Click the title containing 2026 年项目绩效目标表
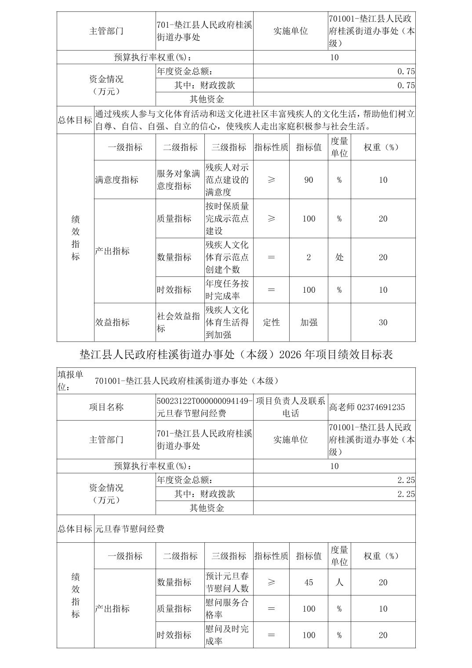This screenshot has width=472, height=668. pos(236,354)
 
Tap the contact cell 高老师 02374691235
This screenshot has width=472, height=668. pos(367,407)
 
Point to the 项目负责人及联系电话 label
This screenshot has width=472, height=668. pos(290,407)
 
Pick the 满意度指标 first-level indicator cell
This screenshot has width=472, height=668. pos(117,180)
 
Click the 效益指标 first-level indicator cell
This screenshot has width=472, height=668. pos(113,322)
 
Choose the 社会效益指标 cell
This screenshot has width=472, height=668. pos(179,322)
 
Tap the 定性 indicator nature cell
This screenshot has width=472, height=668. pos(271,322)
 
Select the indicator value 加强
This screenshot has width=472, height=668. pos(309,322)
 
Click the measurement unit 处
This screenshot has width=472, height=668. pos(339,258)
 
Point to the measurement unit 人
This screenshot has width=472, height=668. pos(339,582)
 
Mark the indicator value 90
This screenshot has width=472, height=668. pos(309,180)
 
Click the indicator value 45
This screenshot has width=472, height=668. pos(309,582)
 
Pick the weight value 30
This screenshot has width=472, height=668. pos(383,322)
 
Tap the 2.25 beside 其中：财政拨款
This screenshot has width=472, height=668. pos(406,494)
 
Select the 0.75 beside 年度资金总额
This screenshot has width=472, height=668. pos(406,72)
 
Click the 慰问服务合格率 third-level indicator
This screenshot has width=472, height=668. pos(227,609)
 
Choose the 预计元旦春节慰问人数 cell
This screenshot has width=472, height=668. pos(227,582)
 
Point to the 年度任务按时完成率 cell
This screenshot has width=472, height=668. pos(227,290)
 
